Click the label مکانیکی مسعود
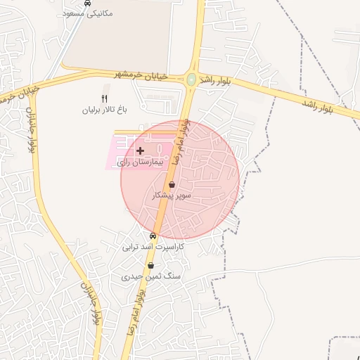(87, 13)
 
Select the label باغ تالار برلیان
(105, 110)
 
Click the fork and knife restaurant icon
(105, 98)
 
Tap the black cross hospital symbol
(140, 150)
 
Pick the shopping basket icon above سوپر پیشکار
(172, 184)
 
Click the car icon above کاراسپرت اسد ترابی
(153, 236)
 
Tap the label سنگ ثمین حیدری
(151, 277)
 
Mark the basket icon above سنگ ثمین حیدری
(151, 266)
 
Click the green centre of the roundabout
(191, 79)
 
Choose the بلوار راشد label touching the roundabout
(214, 81)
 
